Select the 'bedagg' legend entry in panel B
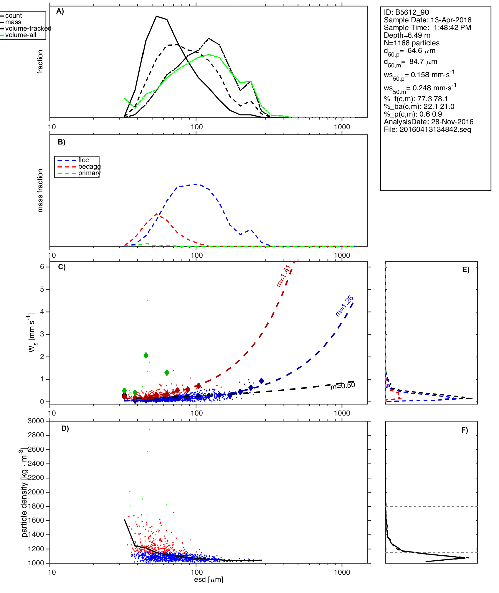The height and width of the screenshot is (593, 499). [x=89, y=167]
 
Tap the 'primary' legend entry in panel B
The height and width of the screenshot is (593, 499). [x=89, y=173]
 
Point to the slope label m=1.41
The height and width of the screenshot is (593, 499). [x=284, y=276]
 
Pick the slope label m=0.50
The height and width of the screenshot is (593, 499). [x=343, y=386]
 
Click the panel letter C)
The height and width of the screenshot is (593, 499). [x=62, y=267]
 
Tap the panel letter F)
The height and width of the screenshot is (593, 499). [x=465, y=431]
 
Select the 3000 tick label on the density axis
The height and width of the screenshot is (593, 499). [x=36, y=421]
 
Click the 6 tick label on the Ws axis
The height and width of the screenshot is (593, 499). [x=42, y=267]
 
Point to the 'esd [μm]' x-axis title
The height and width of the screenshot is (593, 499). [x=209, y=579]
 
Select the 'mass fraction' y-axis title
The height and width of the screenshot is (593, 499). [x=40, y=190]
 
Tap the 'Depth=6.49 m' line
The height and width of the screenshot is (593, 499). [x=407, y=35]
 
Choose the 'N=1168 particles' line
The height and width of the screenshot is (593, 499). [x=411, y=43]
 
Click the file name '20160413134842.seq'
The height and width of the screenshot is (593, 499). [x=435, y=129]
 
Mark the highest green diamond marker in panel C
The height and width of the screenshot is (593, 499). [x=146, y=355]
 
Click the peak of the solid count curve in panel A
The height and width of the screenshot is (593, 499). [x=156, y=16]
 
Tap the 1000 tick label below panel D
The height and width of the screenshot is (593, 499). [x=342, y=572]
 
